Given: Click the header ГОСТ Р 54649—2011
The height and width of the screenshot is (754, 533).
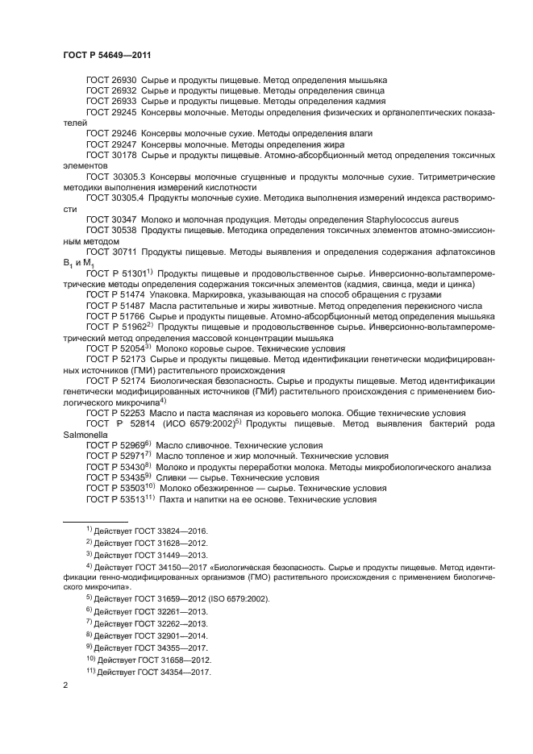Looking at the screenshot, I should coord(106,54).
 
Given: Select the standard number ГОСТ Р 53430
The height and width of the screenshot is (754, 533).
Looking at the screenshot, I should coord(115,467).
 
